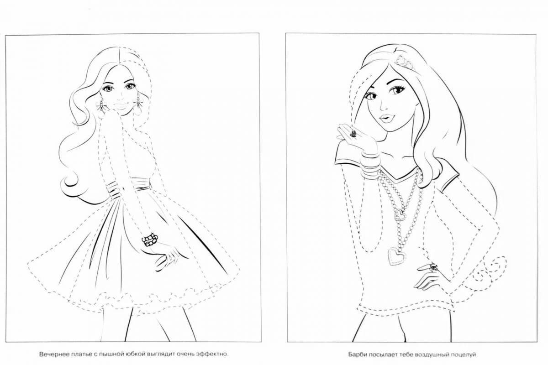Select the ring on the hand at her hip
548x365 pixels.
click(x=432, y=267)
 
